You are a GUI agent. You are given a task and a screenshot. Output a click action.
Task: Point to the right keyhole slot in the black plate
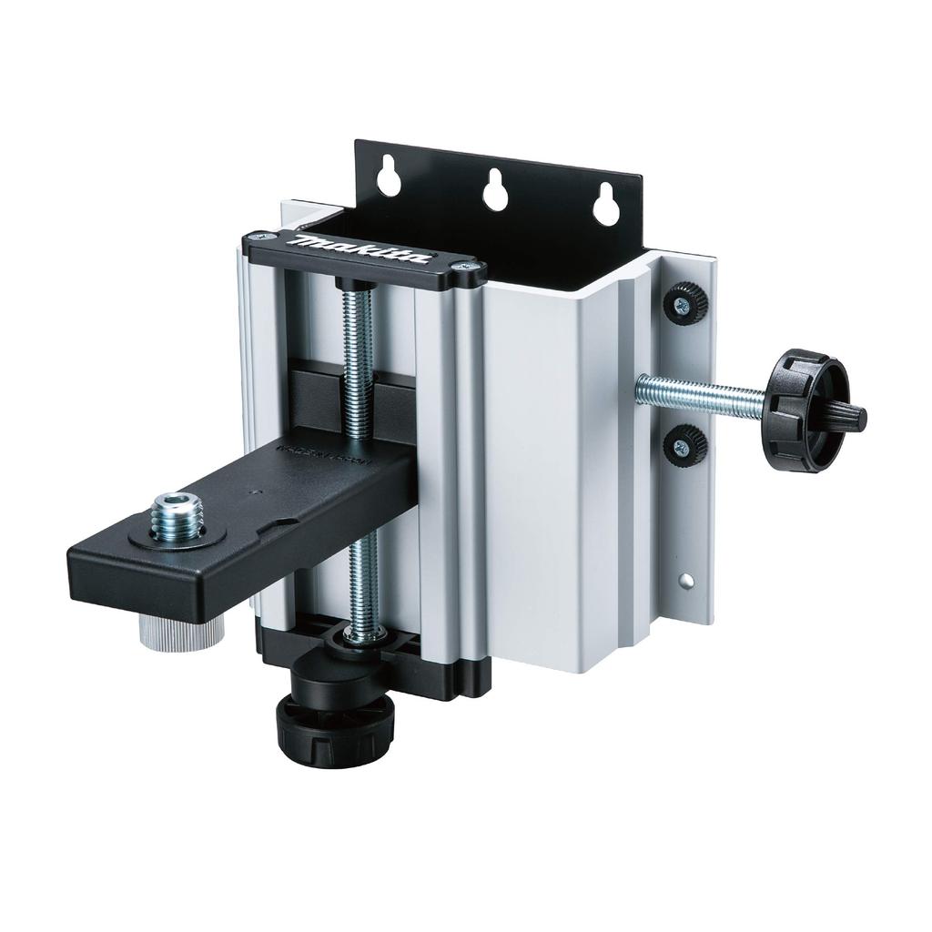pos(603,206)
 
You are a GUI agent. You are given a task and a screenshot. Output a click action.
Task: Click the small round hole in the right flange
pos(688,579)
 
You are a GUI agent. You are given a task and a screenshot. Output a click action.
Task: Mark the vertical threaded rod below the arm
pos(363,582)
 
